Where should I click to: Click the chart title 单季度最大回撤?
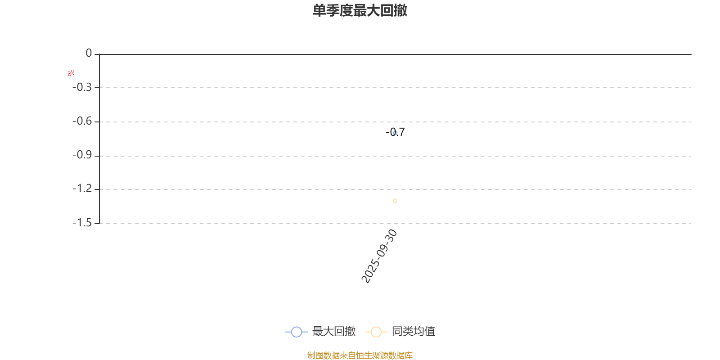tap(360, 11)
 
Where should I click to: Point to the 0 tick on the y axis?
tap(89, 54)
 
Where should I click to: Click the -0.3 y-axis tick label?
tap(82, 87)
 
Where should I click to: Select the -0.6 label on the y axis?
tap(82, 121)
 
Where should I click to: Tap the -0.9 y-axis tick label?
tap(82, 155)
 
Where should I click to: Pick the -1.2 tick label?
tap(82, 189)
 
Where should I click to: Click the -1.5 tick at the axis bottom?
tap(82, 223)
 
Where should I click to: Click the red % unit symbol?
tap(71, 73)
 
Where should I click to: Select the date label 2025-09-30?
tap(379, 256)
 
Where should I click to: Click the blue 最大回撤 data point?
tap(395, 133)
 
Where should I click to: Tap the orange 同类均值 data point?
tap(395, 201)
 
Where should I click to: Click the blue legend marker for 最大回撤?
tap(296, 332)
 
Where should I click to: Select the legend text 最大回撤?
tap(333, 332)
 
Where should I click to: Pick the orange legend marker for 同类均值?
tap(376, 332)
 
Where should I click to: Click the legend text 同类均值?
tap(413, 332)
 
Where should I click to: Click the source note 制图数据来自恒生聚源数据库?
tap(360, 355)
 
